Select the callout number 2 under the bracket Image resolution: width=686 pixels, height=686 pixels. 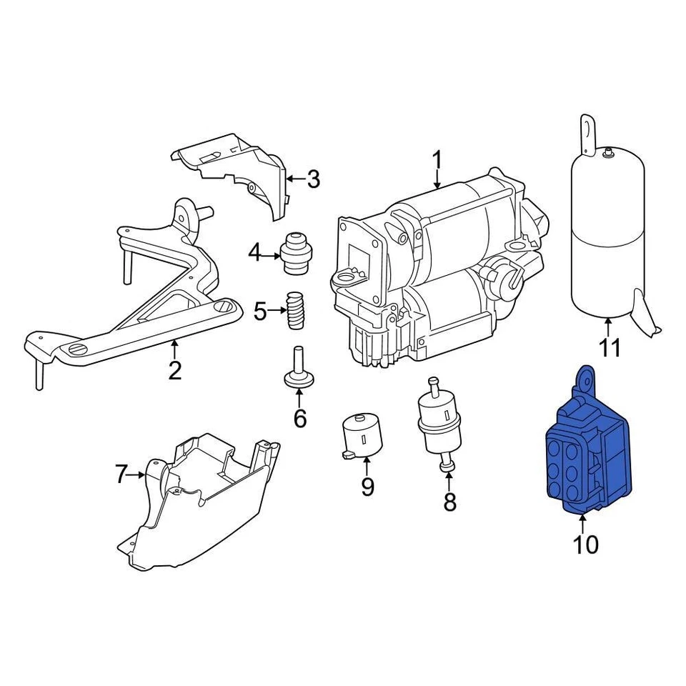click(x=175, y=370)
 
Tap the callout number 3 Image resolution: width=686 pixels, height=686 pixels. click(x=313, y=179)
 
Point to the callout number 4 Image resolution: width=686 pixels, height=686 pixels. click(x=255, y=252)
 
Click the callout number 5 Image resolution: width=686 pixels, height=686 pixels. click(x=261, y=312)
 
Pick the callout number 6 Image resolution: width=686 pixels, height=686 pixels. click(x=299, y=418)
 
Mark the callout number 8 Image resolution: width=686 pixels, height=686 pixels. click(x=449, y=502)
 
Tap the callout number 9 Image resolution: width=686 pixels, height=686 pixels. click(x=367, y=487)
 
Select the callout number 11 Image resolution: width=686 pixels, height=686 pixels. click(x=610, y=348)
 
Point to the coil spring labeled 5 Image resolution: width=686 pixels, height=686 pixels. click(x=294, y=310)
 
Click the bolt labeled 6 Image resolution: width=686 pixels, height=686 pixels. click(x=298, y=369)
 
